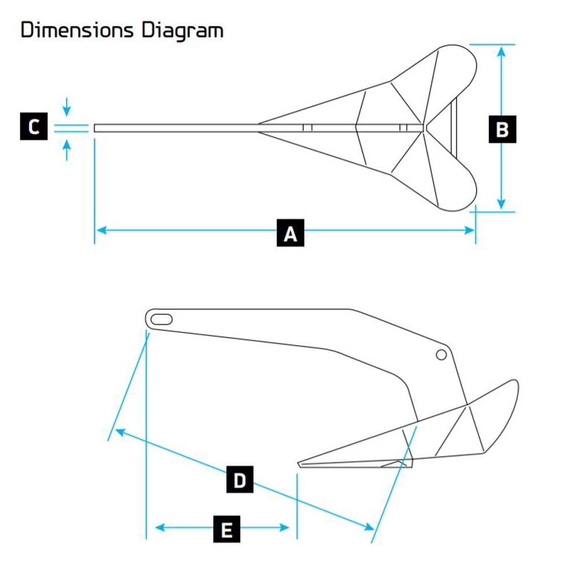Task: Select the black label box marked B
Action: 502,129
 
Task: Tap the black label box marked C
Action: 34,127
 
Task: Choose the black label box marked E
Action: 227,528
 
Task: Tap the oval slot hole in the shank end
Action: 161,318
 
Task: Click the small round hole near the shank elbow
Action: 442,354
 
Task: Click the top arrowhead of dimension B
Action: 502,50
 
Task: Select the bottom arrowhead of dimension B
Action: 502,205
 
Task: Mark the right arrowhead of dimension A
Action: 469,231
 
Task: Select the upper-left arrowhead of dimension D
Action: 119,431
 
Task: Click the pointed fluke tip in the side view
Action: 299,464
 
